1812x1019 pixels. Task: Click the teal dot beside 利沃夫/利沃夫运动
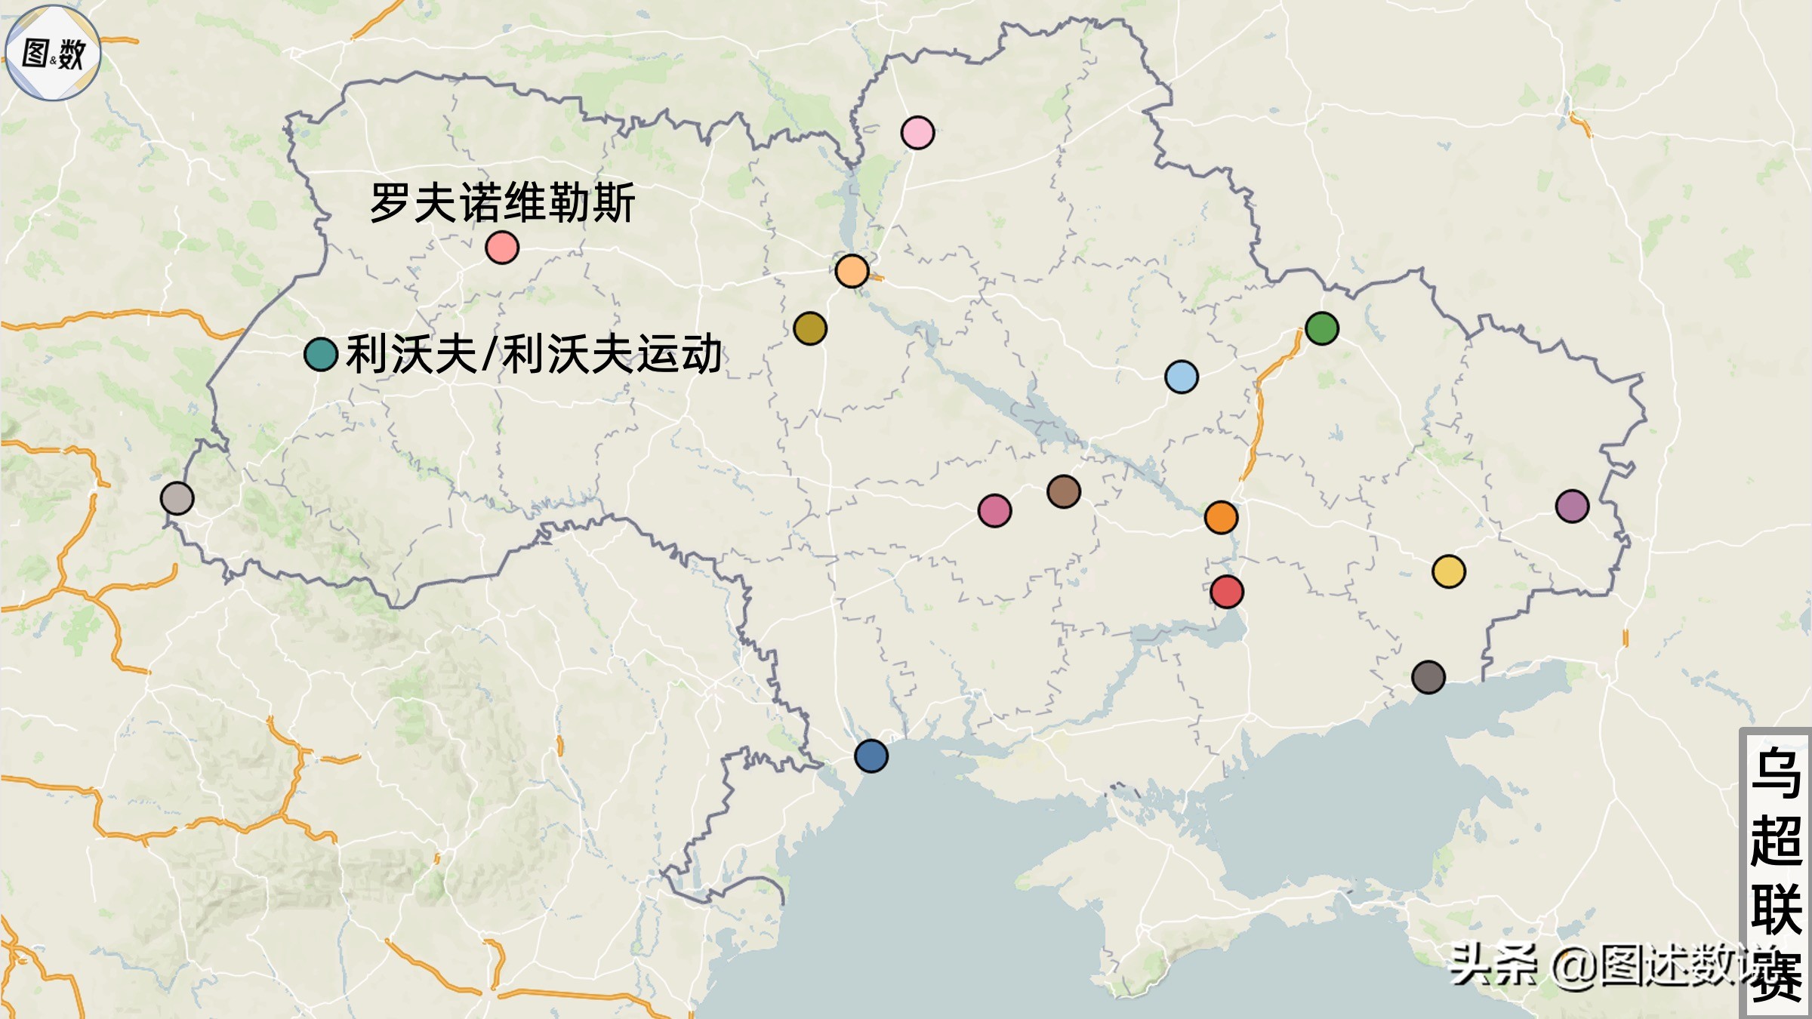coord(321,354)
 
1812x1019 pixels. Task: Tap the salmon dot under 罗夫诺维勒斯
coord(502,248)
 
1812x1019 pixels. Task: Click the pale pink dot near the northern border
coord(917,133)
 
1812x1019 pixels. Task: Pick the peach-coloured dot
coord(852,271)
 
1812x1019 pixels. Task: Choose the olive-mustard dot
coord(810,328)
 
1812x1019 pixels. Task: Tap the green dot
coord(1321,328)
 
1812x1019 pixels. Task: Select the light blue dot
coord(1182,377)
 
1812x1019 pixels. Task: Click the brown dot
coord(1064,492)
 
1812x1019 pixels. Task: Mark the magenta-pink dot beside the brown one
coord(994,511)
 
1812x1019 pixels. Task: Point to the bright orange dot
coord(1221,518)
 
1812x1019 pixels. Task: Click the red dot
coord(1227,592)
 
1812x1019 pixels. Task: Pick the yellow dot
coord(1448,571)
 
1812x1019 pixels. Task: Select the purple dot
coord(1572,506)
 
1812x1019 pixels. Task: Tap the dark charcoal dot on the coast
coord(1428,677)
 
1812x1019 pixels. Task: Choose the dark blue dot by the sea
coord(871,756)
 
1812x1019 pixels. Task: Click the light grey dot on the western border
coord(177,498)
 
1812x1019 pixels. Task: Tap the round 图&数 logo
coord(53,53)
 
